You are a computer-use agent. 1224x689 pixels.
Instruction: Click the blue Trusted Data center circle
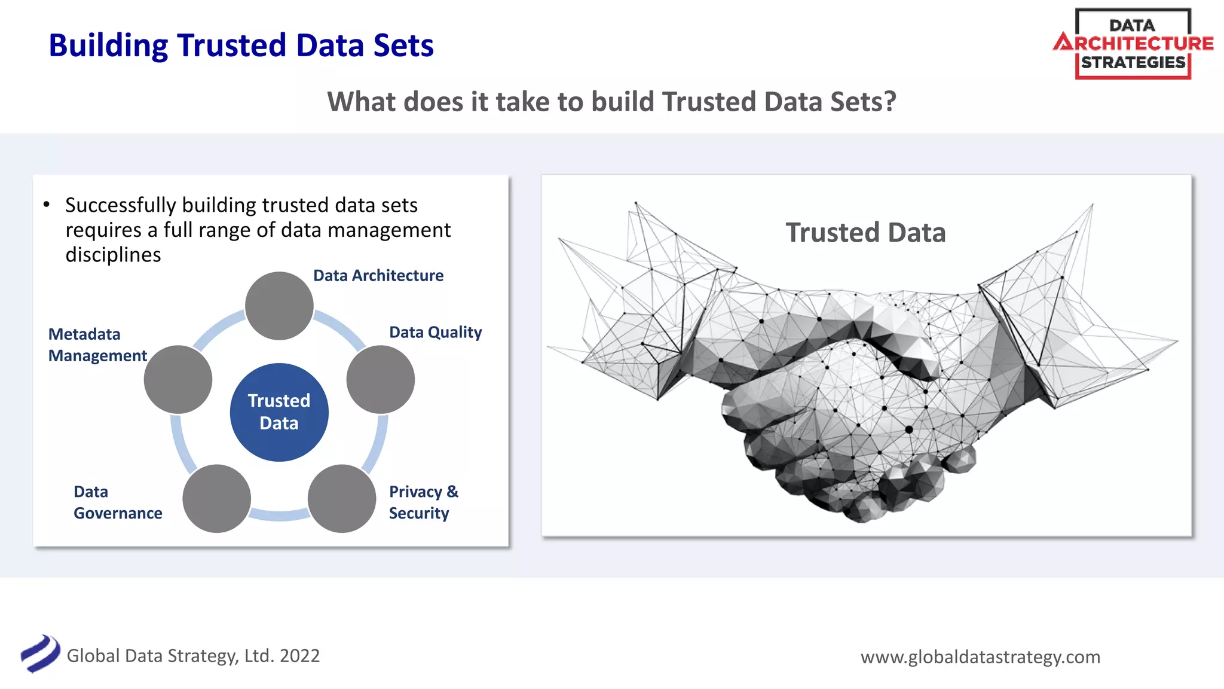click(279, 412)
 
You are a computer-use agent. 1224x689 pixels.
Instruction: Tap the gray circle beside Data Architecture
click(279, 306)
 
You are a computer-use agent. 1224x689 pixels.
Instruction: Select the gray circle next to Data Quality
click(381, 379)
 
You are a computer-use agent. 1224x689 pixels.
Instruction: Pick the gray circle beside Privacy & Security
click(341, 498)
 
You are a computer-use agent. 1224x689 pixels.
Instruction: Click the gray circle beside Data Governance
click(216, 498)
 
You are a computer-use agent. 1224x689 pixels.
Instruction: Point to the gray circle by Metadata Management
click(178, 379)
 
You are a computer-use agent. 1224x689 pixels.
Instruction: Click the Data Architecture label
click(378, 276)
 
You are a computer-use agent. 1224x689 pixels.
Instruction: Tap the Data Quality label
click(435, 333)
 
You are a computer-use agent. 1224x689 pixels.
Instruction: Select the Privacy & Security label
click(423, 502)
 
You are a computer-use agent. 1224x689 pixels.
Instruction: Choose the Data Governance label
click(118, 502)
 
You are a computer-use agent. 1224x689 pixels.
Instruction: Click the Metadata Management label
click(97, 344)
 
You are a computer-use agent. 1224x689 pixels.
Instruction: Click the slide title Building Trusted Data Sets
click(241, 45)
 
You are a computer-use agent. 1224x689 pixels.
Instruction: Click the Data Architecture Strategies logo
click(1133, 44)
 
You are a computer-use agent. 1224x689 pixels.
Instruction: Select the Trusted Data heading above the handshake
click(865, 233)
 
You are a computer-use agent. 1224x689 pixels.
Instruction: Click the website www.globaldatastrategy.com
click(980, 657)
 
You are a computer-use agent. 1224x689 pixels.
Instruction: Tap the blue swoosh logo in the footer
click(40, 654)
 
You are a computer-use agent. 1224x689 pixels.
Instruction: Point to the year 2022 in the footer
click(299, 656)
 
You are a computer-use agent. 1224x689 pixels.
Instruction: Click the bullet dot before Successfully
click(47, 205)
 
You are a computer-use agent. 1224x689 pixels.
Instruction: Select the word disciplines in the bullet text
click(113, 255)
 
